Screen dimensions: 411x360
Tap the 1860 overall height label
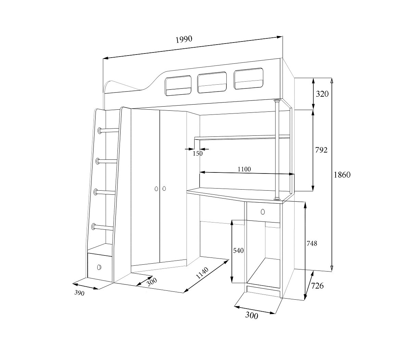(342, 175)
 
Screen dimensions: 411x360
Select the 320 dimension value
(322, 94)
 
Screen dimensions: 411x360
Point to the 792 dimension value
(321, 150)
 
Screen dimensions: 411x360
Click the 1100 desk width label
(244, 169)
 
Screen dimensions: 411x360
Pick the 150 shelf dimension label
(198, 154)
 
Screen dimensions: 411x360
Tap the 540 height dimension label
(238, 250)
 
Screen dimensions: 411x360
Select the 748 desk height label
(312, 243)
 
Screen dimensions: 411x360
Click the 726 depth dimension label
(317, 286)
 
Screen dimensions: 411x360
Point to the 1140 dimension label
(202, 273)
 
